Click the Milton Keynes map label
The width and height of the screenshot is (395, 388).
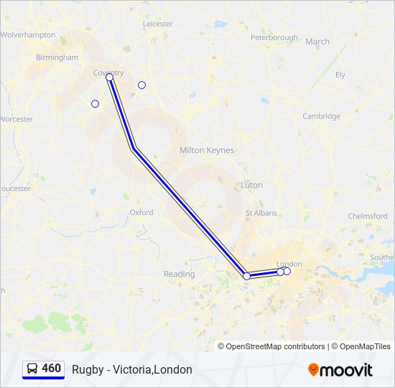[x=206, y=150]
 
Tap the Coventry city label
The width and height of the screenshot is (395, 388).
[x=108, y=73]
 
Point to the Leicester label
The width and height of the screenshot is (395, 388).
[x=158, y=24]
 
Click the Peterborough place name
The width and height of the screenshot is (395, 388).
[x=274, y=37]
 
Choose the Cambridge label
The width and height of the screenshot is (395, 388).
[x=321, y=116]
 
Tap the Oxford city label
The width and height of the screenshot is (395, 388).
[x=141, y=213]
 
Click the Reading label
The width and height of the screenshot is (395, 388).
[x=179, y=274]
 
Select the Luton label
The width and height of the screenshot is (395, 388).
[x=252, y=185]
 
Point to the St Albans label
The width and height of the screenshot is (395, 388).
[x=261, y=213]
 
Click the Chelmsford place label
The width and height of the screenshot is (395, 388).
[x=368, y=216]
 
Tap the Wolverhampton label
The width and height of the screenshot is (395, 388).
[x=28, y=34]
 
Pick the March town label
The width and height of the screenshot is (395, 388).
[x=317, y=42]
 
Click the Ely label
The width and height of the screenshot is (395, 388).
[x=340, y=75]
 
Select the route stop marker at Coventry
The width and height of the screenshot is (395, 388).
[x=110, y=78]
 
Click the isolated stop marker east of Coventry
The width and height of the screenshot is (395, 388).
[x=141, y=86]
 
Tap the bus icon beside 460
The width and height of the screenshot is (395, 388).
[x=32, y=369]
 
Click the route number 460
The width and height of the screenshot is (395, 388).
[x=52, y=369]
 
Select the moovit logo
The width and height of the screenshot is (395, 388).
[x=340, y=370]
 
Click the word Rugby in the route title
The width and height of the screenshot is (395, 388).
[x=85, y=369]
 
